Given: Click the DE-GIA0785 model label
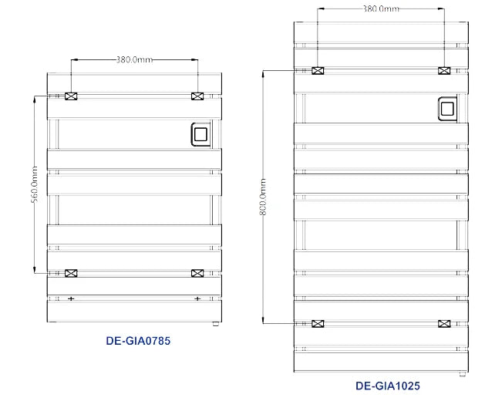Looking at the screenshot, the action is [138, 341].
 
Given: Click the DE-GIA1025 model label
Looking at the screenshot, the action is [388, 386].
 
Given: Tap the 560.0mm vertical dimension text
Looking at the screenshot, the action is [34, 184].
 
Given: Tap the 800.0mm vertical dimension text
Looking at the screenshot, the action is [262, 197].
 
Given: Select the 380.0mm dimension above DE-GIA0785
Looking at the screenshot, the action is [134, 59].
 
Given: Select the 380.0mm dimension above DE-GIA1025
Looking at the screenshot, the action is [381, 8].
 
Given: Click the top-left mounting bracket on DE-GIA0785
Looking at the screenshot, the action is [71, 96].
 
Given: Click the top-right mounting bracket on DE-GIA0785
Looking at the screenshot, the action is [197, 96].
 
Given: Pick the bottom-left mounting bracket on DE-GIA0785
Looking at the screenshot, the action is [71, 273].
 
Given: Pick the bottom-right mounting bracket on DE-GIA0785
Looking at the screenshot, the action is [197, 273].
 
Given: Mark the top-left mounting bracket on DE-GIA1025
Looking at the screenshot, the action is [318, 71].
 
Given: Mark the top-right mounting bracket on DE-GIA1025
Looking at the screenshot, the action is [444, 71].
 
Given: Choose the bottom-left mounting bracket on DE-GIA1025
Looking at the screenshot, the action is [318, 323].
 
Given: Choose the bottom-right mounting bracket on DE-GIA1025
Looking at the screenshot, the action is [444, 323].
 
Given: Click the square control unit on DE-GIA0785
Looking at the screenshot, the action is [200, 134].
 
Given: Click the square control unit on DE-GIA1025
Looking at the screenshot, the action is [447, 109].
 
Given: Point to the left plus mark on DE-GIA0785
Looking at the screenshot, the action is [71, 298].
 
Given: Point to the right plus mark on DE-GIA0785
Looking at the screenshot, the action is [197, 298].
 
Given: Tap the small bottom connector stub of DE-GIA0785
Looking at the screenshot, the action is [215, 324].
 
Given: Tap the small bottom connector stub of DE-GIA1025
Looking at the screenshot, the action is [463, 374].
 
